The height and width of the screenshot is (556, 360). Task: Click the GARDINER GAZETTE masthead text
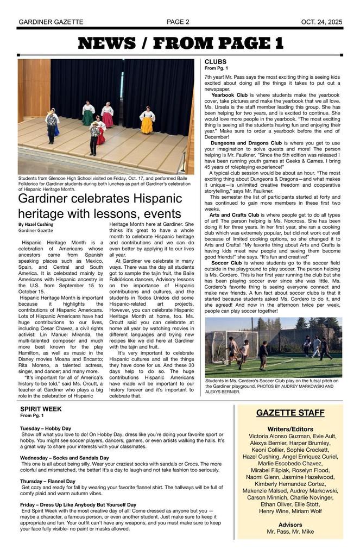click(50, 22)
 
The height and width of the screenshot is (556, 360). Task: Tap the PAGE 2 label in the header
click(178, 22)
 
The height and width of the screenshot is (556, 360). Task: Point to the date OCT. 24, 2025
click(321, 22)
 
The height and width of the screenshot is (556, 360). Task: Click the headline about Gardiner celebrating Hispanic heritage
click(99, 206)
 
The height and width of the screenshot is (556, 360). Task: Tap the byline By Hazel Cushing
click(36, 224)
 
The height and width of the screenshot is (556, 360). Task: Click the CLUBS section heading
click(216, 62)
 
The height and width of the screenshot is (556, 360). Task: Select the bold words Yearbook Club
click(229, 95)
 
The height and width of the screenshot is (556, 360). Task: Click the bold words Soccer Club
click(226, 263)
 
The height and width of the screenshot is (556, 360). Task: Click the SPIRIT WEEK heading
click(41, 409)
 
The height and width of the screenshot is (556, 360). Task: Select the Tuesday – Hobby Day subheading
click(46, 428)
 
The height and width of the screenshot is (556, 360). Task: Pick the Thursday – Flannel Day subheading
click(48, 481)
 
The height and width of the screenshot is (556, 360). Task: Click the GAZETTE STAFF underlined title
click(290, 413)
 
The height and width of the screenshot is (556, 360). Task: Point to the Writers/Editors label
click(290, 428)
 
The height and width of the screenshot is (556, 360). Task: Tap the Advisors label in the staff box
click(290, 525)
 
